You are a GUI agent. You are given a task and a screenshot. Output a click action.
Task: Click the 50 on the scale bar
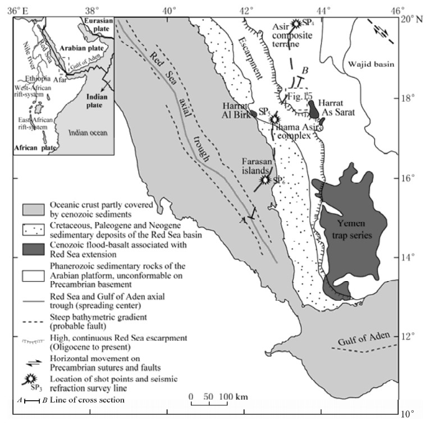coord(208,397)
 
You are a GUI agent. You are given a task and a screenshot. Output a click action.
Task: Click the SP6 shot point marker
coord(266,180)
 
